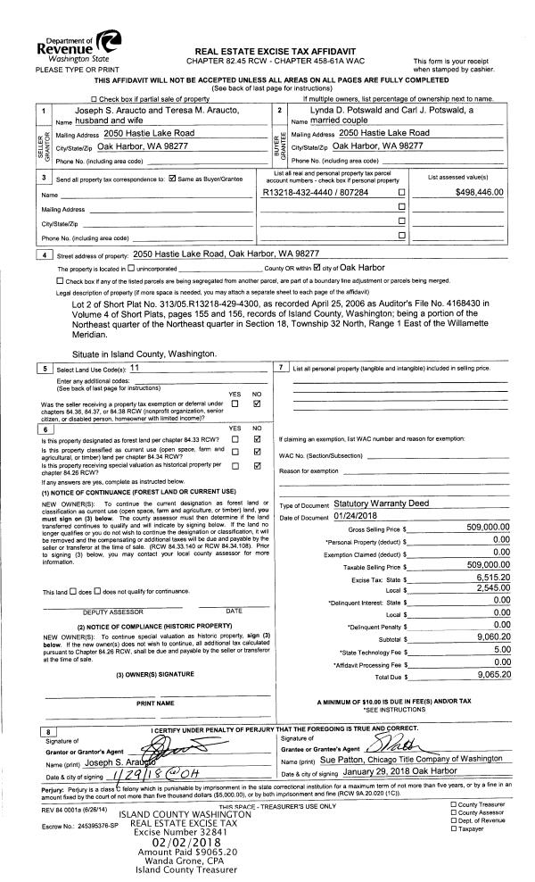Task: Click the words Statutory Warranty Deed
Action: [x=366, y=503]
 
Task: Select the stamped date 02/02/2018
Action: [x=185, y=840]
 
